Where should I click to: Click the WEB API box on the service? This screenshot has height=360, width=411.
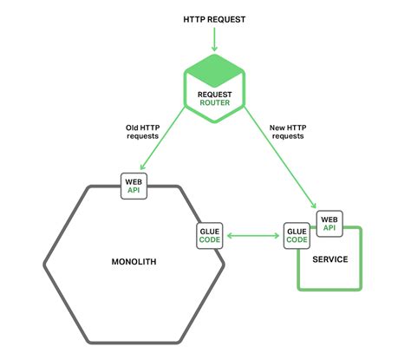click(329, 223)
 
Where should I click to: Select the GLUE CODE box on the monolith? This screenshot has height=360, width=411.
click(211, 234)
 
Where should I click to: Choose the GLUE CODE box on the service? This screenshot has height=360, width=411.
click(296, 235)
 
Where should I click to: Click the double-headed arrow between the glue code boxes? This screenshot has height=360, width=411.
click(253, 234)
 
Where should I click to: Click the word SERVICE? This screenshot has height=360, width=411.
click(329, 259)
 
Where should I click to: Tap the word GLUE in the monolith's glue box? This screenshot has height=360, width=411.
click(211, 230)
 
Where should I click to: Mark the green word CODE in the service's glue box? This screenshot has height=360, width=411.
click(296, 240)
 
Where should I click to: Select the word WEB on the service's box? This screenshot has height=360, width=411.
click(329, 219)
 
